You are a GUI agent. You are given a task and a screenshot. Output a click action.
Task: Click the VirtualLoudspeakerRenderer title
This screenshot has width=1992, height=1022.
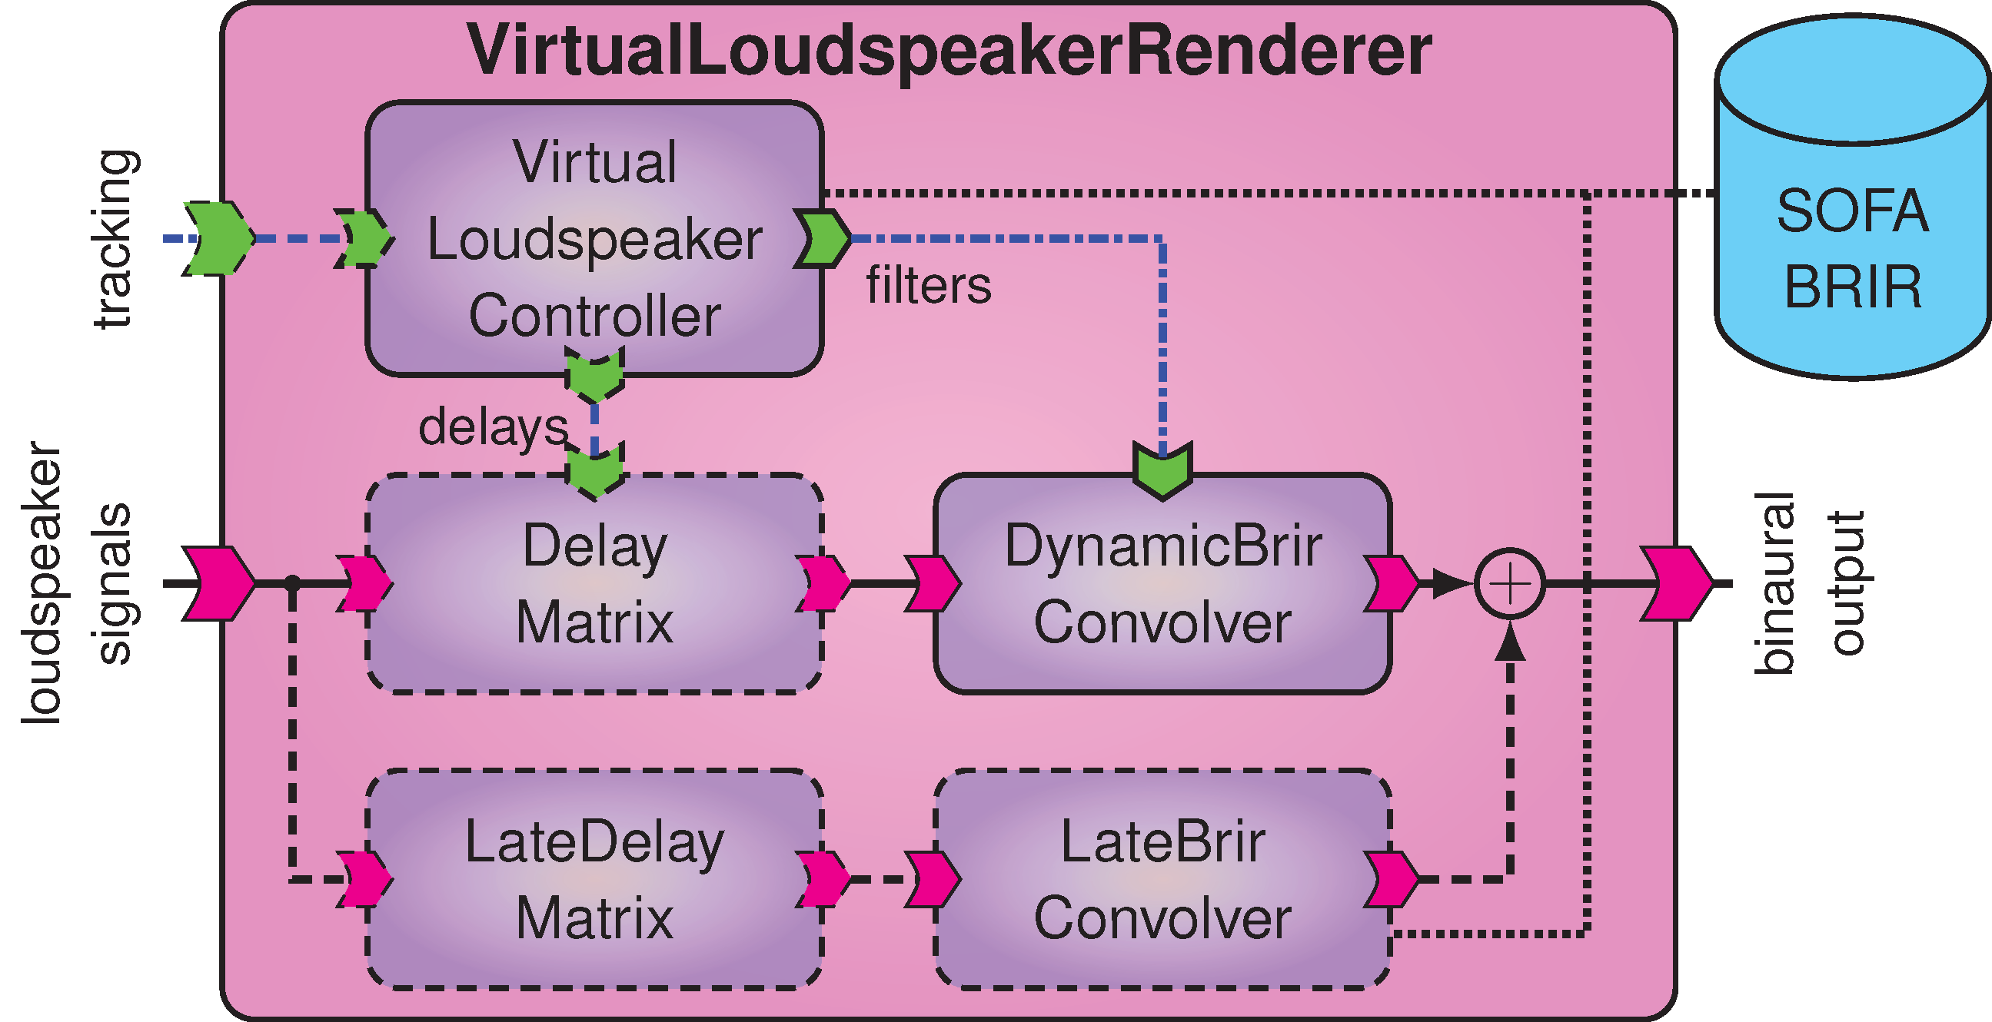point(949,51)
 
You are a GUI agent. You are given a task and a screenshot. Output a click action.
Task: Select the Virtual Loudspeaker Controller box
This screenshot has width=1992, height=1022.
point(594,238)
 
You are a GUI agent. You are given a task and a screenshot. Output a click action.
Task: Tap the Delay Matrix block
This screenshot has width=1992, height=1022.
point(594,584)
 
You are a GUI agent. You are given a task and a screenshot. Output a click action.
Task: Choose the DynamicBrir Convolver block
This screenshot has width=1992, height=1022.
point(1162,584)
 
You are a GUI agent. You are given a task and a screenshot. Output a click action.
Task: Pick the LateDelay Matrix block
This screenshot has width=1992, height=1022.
point(594,880)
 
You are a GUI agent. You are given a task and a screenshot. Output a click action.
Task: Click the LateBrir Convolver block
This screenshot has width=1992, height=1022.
point(1162,880)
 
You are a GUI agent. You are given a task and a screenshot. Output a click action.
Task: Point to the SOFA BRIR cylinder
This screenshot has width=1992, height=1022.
point(1852,232)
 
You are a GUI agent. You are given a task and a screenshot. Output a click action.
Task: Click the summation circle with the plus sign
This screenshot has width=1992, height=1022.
point(1509,584)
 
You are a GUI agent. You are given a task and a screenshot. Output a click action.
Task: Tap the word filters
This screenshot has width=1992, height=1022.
point(928,285)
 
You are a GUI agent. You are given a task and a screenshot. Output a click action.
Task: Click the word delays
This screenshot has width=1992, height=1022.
point(494,426)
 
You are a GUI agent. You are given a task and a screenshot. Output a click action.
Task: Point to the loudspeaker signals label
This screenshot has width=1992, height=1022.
point(78,584)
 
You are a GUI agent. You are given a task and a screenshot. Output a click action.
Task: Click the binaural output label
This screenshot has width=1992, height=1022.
point(1810,584)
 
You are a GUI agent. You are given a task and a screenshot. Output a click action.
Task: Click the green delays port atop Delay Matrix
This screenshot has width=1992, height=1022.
point(594,470)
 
